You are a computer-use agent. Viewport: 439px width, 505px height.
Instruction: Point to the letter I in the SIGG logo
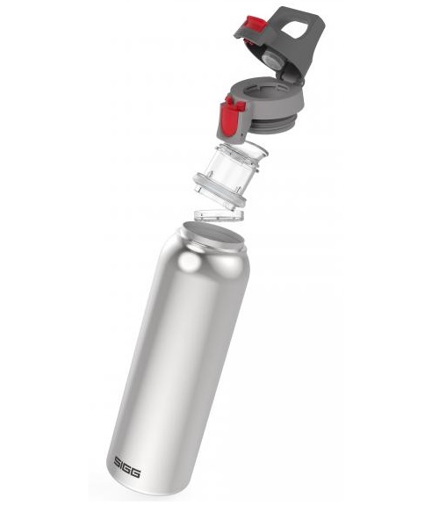[121, 464]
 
